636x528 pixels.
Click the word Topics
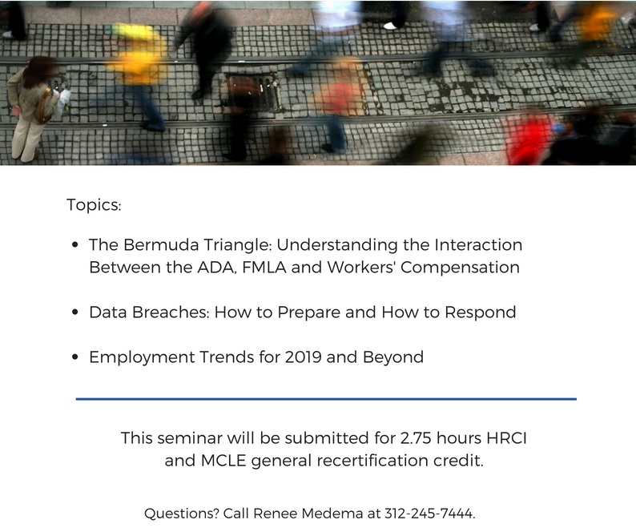pos(94,204)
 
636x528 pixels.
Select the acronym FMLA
pos(264,268)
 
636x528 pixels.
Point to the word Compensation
pos(460,268)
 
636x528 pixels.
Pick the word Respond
pos(481,312)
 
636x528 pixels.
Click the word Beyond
pos(393,357)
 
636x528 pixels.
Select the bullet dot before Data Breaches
pos(74,312)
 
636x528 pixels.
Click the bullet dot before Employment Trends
pos(74,357)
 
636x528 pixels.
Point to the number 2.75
pos(416,438)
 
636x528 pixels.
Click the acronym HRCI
pos(506,438)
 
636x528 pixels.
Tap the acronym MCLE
pos(223,461)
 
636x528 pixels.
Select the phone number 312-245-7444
pos(429,514)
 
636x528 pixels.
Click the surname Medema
pos(332,514)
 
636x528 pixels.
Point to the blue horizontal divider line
pos(326,399)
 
